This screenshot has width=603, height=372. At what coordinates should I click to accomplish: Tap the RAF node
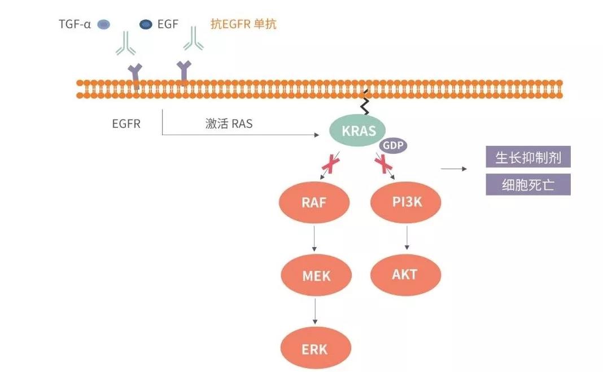pos(314,202)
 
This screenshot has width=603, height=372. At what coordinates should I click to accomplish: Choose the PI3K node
pos(406,201)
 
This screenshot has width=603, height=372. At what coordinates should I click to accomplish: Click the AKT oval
pos(405,275)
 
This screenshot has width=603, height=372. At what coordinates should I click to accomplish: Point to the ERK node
pos(314,349)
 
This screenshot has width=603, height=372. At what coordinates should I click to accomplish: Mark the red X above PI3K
pos(384,165)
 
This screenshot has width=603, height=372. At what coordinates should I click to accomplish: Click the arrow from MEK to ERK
pos(314,312)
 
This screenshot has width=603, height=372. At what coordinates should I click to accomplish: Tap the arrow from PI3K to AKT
pos(407,237)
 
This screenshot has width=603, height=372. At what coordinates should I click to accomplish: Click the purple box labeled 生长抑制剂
pos(528,157)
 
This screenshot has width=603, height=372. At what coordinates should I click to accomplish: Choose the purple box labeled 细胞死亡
pos(528,185)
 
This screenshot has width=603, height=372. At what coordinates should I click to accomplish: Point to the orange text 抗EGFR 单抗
pos(243,24)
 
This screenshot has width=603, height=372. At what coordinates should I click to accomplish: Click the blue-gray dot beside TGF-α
pos(104,24)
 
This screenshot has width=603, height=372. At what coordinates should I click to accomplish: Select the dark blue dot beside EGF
pos(146,24)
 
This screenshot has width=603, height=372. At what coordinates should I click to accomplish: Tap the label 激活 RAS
pos(229,123)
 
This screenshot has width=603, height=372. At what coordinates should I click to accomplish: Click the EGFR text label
pos(126,123)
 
